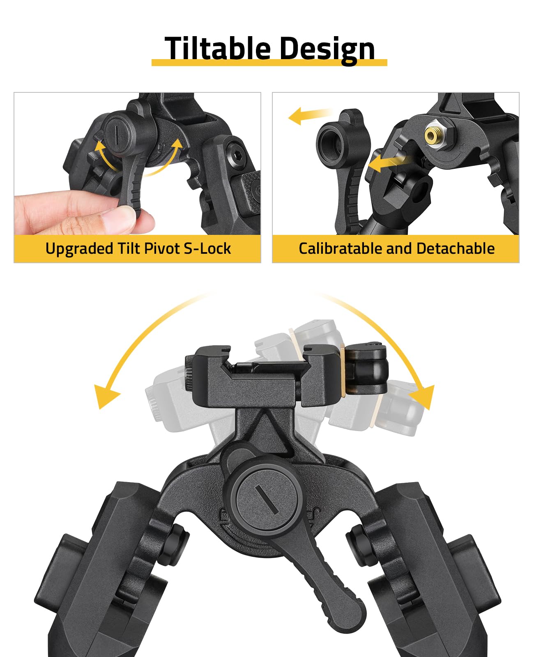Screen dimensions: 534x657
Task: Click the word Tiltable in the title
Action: (217, 48)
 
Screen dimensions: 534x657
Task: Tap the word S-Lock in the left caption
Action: (207, 248)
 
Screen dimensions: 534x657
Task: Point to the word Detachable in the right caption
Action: (455, 248)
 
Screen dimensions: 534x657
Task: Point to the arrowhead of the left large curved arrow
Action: (106, 396)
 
